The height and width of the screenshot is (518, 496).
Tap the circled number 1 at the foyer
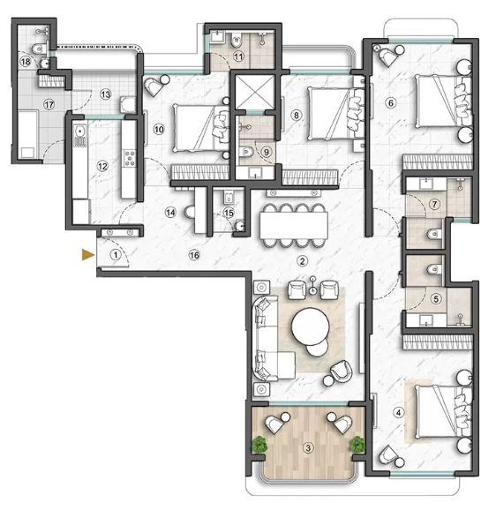pos(115,254)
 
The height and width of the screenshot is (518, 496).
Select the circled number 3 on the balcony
pos(307,447)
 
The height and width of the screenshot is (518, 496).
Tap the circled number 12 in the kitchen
pos(102,165)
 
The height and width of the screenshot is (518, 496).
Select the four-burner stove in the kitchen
pos(129,159)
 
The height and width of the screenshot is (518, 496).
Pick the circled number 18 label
pos(26,62)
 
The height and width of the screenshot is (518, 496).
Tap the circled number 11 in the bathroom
pos(238,56)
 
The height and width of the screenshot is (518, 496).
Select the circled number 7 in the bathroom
pos(433,204)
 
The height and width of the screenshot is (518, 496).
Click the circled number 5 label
pos(433,298)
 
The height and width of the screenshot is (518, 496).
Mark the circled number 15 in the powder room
pos(229,212)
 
